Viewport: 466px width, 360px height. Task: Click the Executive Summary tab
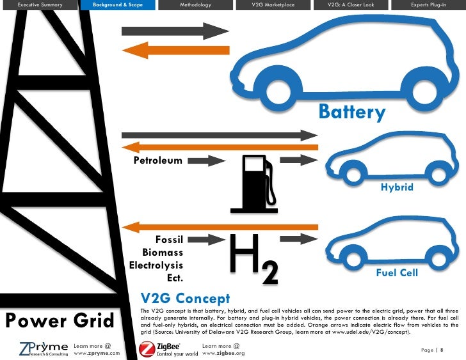pos(39,5)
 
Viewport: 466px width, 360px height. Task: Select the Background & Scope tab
pos(117,5)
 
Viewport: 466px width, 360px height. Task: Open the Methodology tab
pos(195,5)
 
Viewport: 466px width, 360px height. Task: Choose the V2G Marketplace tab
pos(273,5)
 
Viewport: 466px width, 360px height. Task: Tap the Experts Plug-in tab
pos(428,5)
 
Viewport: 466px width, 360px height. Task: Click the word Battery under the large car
pos(352,113)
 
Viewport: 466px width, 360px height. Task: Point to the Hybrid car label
pos(397,187)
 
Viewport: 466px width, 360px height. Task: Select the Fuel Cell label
pos(397,273)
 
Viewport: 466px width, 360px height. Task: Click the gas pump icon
pos(254,183)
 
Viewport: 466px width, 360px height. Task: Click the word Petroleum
pos(157,160)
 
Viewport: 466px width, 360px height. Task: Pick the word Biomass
pos(163,252)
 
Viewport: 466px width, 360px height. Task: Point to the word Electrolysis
pos(156,265)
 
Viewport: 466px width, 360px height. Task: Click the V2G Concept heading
pos(185,298)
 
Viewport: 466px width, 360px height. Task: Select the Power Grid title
pos(59,320)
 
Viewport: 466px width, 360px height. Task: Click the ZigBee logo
pos(168,349)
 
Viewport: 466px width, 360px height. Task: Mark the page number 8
pos(442,350)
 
